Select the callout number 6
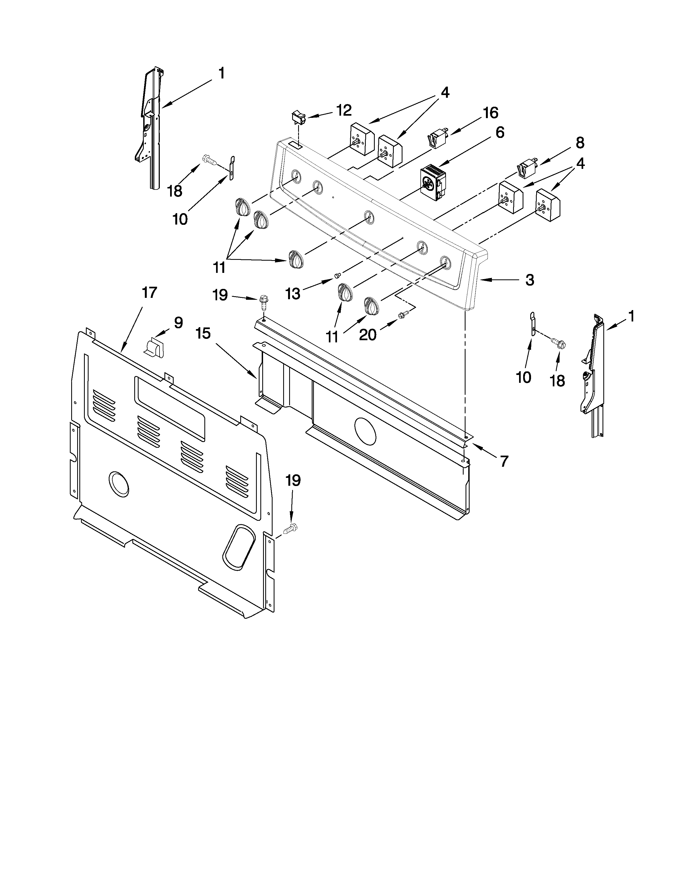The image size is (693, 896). coord(500,132)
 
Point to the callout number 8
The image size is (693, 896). coord(579,143)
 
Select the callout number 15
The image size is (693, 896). coord(203,333)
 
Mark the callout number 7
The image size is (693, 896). coord(504,461)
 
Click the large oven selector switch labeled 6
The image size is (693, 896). coord(433,183)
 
